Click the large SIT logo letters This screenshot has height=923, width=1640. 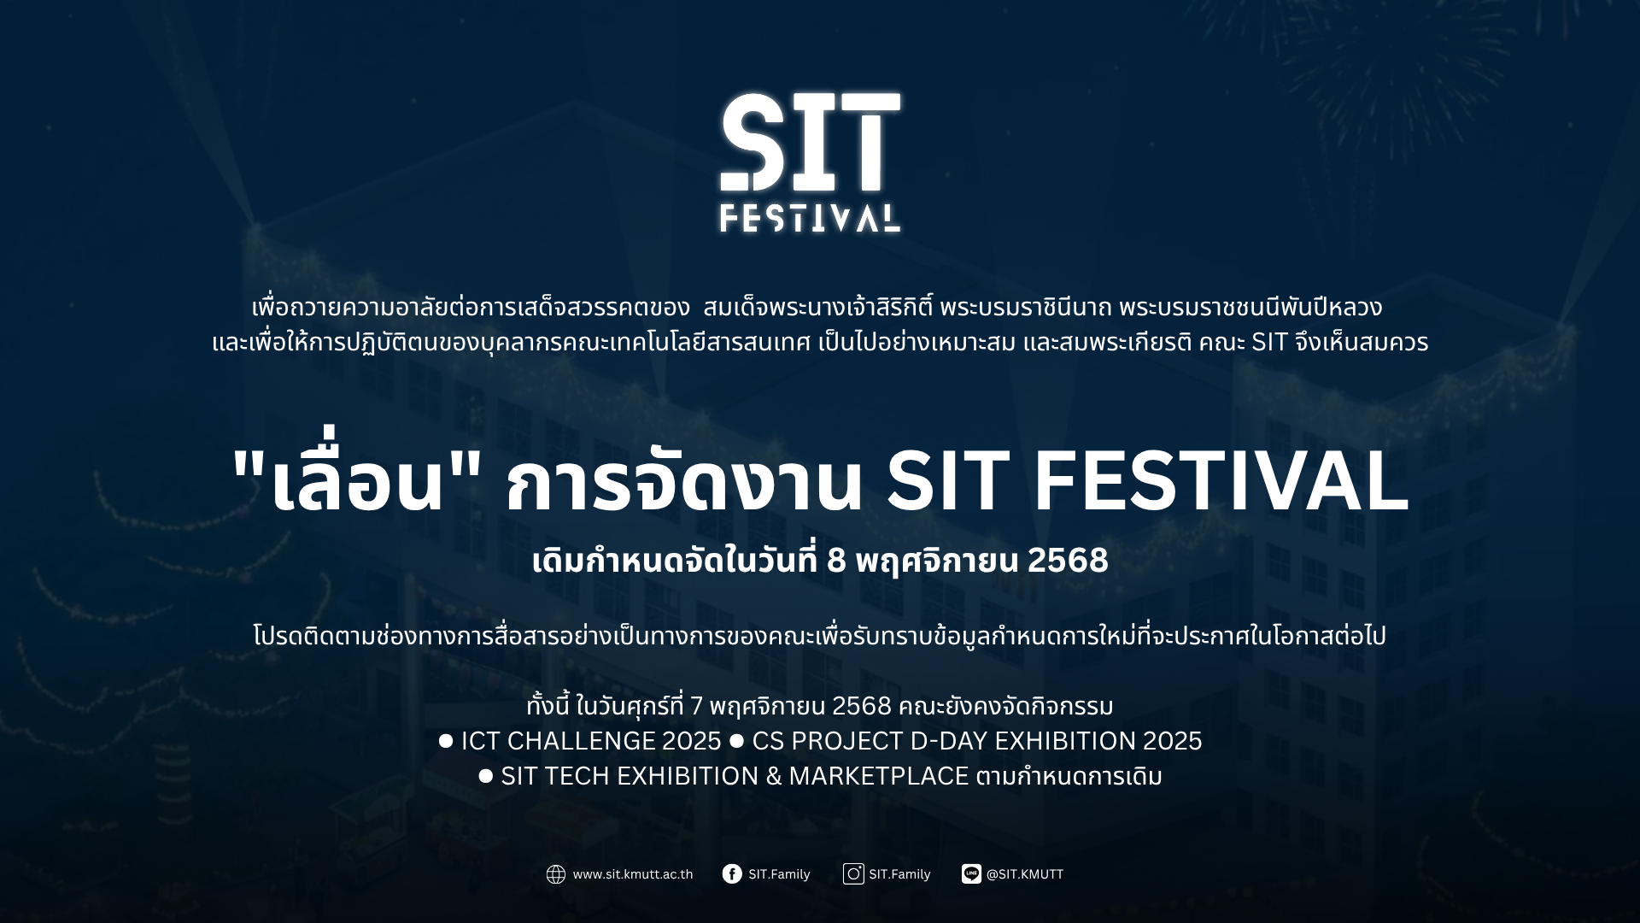pos(811,142)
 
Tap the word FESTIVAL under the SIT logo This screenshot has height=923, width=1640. pos(810,218)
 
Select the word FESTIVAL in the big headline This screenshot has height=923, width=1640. pos(1221,483)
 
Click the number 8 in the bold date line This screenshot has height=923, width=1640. pos(836,561)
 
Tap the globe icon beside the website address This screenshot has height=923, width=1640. pos(556,874)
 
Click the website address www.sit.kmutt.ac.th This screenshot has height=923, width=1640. pos(632,874)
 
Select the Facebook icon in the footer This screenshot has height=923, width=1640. pos(732,873)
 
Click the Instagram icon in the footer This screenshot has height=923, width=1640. pos(853,873)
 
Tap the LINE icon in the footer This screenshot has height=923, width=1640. pos(971,873)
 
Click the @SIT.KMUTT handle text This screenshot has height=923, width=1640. pos(1024,874)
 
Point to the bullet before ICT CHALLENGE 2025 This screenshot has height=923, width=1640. pos(446,741)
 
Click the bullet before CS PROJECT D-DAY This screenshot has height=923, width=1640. pos(736,741)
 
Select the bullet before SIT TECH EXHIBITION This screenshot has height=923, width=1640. pos(486,776)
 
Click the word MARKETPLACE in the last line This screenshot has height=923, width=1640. pos(878,776)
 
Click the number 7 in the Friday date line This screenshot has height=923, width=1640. pos(696,707)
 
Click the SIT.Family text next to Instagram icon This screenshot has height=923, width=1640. pos(899,874)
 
